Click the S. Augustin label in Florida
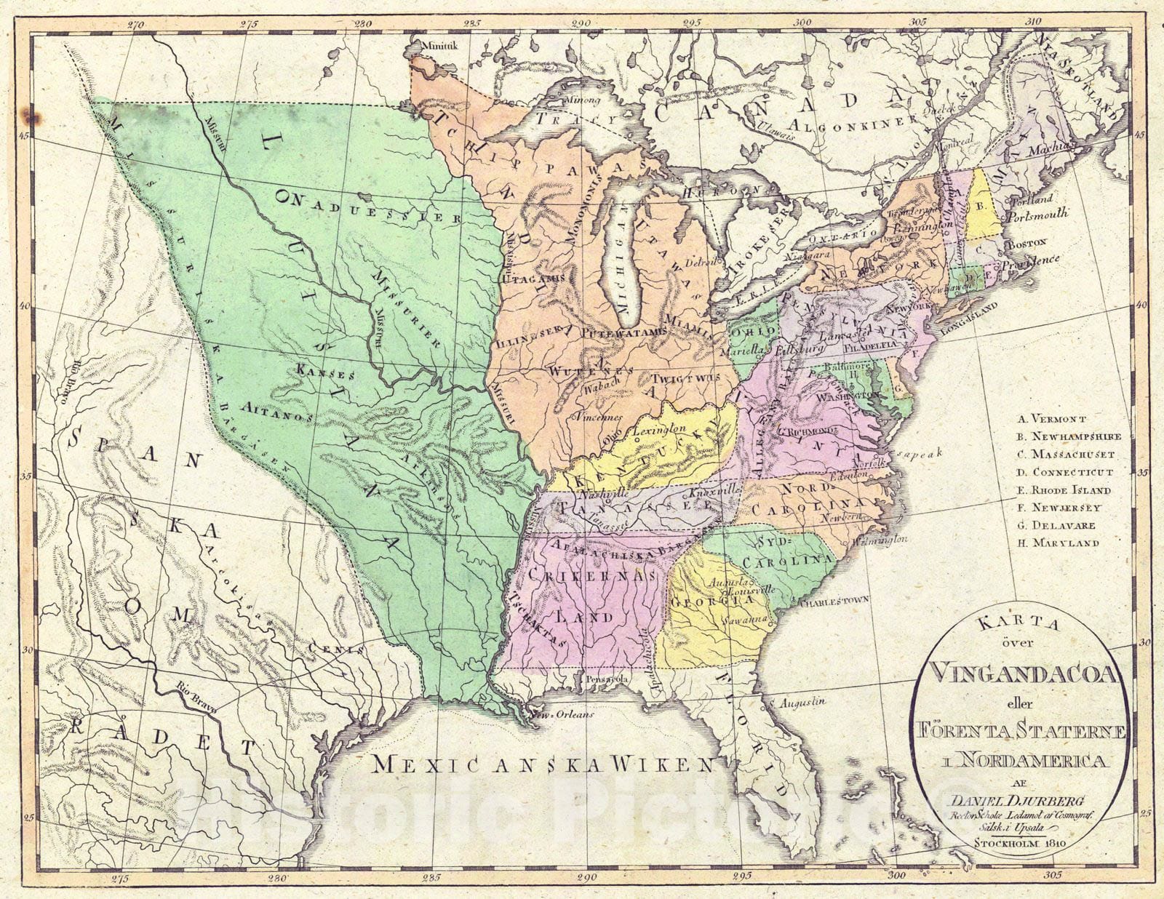pos(801,703)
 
